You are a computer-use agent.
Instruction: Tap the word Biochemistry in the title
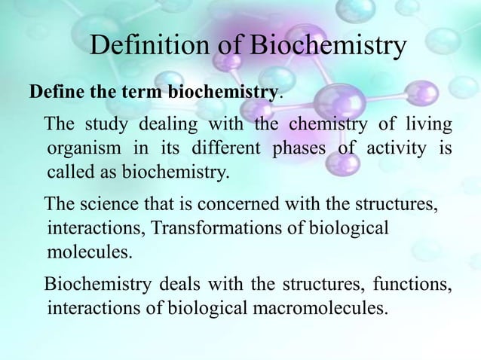(328, 47)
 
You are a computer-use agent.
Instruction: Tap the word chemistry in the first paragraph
(322, 124)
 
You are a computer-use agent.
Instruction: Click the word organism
(81, 148)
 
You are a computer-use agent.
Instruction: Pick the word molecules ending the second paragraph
(88, 252)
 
